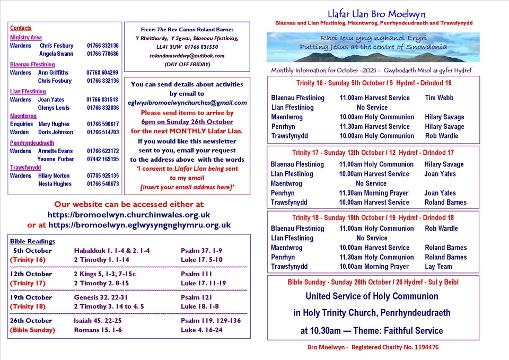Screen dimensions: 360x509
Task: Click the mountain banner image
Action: [x=373, y=47]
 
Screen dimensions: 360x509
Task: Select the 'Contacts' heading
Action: [x=21, y=28]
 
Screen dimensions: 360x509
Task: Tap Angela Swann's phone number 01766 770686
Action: [x=103, y=54]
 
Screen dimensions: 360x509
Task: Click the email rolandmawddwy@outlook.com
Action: [x=187, y=56]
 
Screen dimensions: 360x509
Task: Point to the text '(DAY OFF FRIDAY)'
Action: [x=187, y=64]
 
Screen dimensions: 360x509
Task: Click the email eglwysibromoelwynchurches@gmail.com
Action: [x=187, y=103]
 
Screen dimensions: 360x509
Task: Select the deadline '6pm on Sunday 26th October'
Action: [x=187, y=122]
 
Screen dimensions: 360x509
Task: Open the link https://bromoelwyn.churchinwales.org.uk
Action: [x=129, y=215]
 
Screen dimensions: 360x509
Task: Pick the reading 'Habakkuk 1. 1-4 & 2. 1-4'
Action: [x=112, y=251]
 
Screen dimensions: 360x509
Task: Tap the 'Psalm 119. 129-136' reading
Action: [x=210, y=321]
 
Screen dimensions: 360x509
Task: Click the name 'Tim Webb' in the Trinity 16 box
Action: [x=440, y=98]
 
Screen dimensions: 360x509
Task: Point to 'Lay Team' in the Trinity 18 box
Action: [x=438, y=267]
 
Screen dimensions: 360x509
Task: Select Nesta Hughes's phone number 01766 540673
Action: [x=103, y=184]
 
